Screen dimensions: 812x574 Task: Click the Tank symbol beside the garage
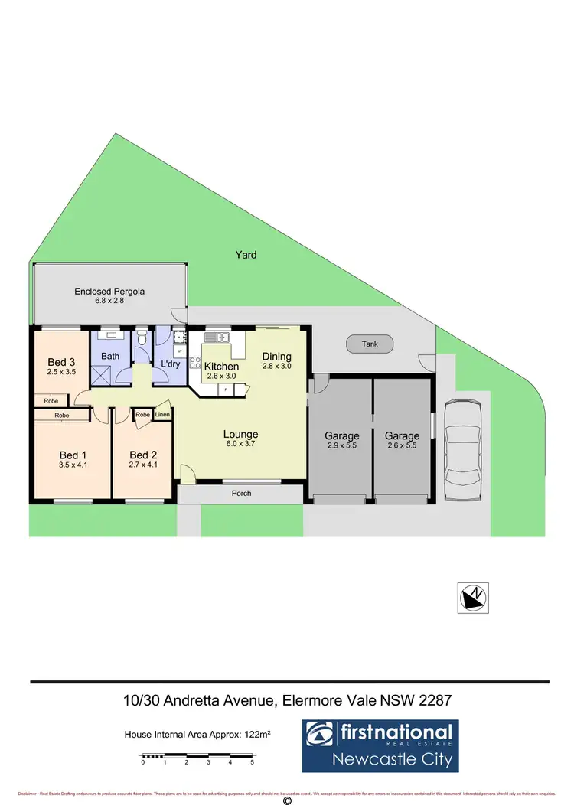point(370,344)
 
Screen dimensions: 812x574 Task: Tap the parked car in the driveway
point(461,451)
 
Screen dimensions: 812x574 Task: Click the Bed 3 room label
point(61,362)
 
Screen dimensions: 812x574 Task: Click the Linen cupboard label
point(162,415)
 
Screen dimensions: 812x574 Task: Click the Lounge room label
point(241,435)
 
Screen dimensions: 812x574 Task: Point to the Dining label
point(276,357)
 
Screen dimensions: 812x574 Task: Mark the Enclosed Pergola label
point(109,291)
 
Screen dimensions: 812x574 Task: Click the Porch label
point(241,494)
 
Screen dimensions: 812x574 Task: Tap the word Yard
point(246,255)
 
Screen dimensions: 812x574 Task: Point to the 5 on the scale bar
point(252,763)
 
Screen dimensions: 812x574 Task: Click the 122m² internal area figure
point(259,734)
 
